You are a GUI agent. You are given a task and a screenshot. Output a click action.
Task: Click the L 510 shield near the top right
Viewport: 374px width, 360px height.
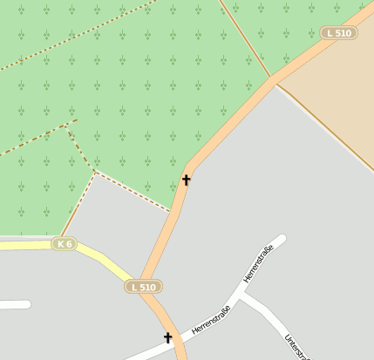coord(340,33)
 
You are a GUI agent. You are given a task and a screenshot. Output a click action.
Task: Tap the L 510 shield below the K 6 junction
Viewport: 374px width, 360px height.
coord(142,287)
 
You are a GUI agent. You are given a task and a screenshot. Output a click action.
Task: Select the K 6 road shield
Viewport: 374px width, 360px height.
coord(64,243)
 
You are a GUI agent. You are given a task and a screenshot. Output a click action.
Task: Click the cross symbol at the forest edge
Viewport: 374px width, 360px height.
coord(186,180)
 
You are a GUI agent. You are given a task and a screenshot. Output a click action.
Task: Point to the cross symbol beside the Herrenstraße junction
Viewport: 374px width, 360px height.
coord(167,337)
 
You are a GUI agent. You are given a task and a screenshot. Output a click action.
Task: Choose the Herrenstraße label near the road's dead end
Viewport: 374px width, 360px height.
coord(258,264)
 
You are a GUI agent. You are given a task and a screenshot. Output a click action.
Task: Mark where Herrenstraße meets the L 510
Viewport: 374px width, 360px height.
coord(178,342)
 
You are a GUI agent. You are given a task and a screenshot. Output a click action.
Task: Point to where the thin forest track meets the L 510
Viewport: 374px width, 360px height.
coord(271,79)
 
